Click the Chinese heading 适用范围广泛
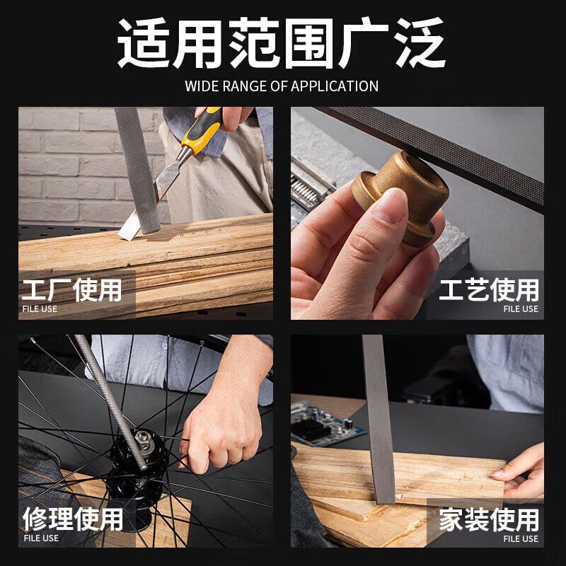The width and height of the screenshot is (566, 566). click(x=281, y=43)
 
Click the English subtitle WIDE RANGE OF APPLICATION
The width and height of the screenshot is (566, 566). click(x=282, y=86)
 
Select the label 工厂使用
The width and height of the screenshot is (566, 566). click(x=72, y=290)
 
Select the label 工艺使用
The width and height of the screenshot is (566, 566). click(x=489, y=290)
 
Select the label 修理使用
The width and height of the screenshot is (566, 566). click(x=73, y=519)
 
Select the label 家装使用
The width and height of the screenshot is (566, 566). click(x=489, y=519)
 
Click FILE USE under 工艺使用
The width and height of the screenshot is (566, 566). click(x=521, y=309)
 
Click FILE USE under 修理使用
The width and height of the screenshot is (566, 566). click(x=41, y=538)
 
